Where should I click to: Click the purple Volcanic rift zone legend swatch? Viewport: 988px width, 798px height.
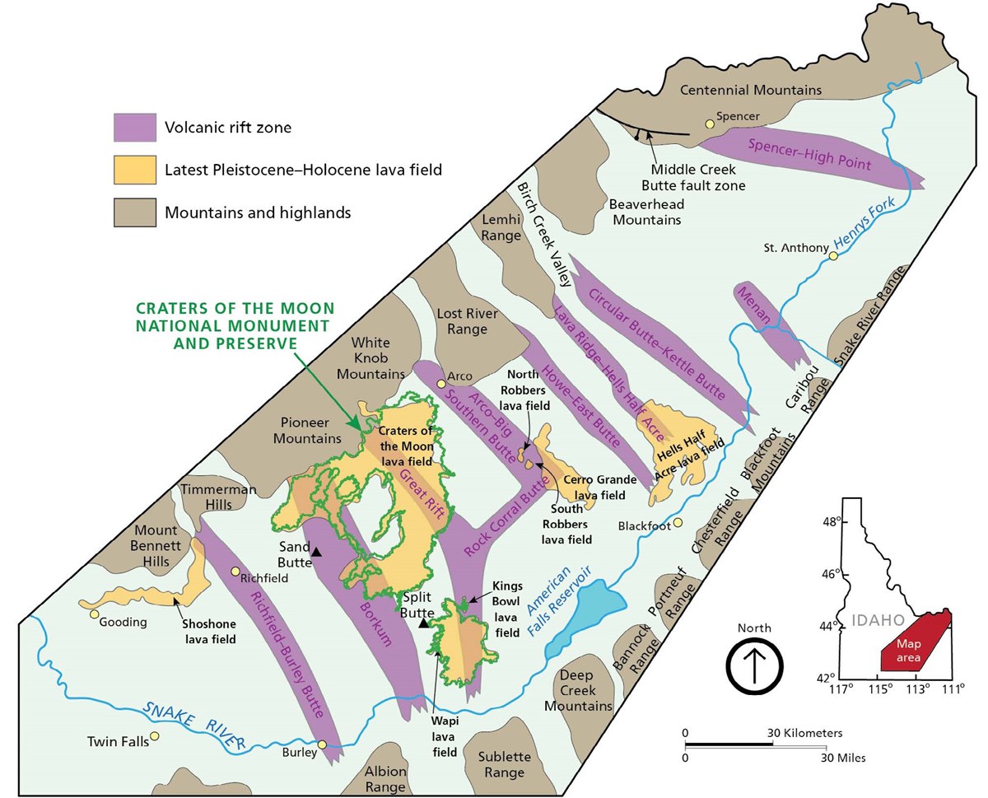coord(134,128)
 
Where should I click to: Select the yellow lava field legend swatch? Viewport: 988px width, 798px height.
coord(134,170)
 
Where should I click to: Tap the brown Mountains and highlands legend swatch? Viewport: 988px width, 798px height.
coord(134,212)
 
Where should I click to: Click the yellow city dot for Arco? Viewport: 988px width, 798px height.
coord(441,383)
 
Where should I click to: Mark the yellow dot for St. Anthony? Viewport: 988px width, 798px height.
coord(833,256)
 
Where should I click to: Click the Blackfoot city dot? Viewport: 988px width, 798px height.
coord(678,522)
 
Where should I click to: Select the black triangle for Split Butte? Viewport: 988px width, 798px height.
coord(423,623)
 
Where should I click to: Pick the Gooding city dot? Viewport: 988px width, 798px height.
coord(95,614)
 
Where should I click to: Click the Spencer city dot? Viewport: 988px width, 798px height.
coord(708,124)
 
